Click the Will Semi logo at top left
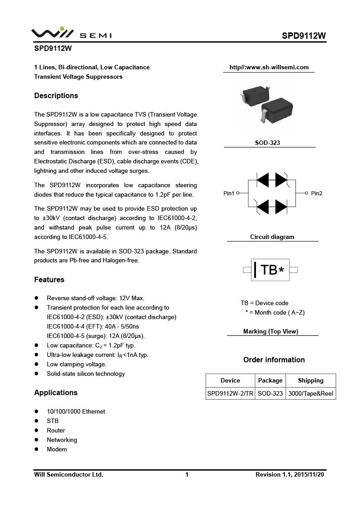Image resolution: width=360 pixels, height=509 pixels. coord(71,33)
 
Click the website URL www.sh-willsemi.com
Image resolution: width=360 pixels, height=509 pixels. coord(269,68)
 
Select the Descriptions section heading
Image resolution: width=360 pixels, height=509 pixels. coord(56,95)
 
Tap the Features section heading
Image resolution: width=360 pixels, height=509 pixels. coord(49,279)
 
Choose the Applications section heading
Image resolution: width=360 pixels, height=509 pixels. coord(56,392)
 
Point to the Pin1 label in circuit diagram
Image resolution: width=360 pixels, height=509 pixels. coord(229,193)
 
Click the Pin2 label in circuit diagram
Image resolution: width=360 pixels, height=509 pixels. coord(317,193)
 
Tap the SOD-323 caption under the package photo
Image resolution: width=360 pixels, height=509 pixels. coord(267,143)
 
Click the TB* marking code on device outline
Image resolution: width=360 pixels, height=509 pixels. coord(272,270)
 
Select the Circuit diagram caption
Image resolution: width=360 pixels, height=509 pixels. coord(272,237)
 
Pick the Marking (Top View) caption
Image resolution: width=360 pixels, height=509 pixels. coord(271,331)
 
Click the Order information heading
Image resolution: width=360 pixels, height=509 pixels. coord(274,360)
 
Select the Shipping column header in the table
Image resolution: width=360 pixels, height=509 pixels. coord(310,380)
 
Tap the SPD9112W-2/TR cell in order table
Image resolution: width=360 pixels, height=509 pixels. coord(230,393)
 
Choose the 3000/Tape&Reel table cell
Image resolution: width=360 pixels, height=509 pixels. coord(310,393)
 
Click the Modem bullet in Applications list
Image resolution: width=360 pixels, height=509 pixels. coord(57,449)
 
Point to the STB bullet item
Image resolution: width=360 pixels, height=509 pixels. coord(53,421)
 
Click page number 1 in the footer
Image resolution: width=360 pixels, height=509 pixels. coord(187,474)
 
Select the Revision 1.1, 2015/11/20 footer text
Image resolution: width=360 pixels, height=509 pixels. coord(290,474)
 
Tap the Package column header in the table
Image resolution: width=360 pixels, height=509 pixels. coord(270,380)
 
